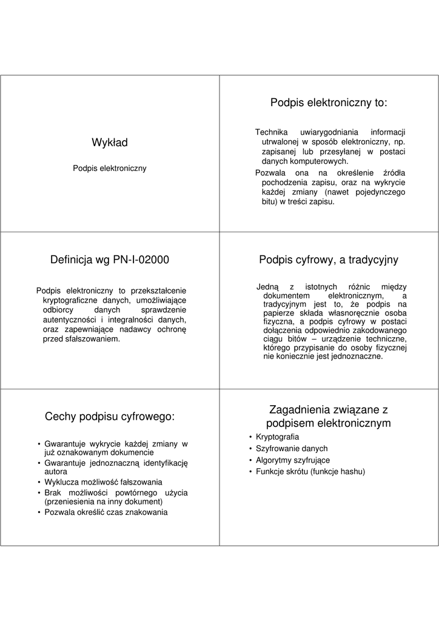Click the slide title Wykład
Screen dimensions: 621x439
point(110,143)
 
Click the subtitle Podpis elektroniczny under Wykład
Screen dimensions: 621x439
point(110,168)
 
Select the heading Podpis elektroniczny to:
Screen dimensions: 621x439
point(329,103)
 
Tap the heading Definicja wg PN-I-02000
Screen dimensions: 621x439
point(110,260)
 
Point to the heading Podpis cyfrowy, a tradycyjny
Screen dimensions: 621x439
point(329,260)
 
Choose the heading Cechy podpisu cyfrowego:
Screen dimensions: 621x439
point(110,417)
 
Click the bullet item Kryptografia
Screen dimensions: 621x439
point(277,437)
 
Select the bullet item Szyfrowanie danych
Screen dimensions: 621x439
point(292,449)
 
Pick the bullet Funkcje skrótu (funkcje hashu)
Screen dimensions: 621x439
point(310,472)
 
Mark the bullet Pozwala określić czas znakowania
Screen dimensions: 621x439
point(106,512)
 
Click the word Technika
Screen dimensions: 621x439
point(271,133)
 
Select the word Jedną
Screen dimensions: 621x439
point(267,287)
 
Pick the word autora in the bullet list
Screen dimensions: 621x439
point(55,471)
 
